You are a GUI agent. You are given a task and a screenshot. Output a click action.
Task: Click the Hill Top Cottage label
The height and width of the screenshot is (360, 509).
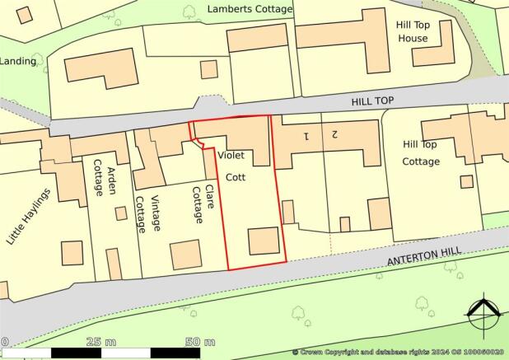tap(422, 152)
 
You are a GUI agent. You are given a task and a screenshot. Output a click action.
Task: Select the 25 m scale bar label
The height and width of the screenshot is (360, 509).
tap(105, 342)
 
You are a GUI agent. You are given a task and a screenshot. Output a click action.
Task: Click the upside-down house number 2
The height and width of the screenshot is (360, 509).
tap(334, 133)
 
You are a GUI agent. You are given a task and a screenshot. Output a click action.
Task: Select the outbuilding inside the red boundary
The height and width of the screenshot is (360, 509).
tap(264, 241)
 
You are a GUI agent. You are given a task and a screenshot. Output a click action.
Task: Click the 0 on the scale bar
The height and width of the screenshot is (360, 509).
tap(4, 342)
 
